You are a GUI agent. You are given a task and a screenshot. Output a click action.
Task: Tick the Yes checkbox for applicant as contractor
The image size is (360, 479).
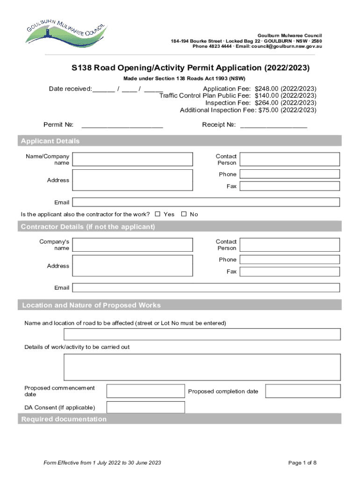[158, 214]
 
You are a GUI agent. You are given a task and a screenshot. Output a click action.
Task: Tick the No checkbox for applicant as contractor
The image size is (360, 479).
[184, 214]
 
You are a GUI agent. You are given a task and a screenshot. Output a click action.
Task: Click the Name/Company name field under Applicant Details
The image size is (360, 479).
[132, 160]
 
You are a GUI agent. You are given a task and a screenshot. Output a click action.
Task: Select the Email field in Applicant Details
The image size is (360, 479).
[206, 202]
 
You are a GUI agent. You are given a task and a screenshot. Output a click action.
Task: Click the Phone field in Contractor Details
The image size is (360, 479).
[289, 260]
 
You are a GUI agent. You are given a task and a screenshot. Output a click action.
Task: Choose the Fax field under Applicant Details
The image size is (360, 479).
[289, 186]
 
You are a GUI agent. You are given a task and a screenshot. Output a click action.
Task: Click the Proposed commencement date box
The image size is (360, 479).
[145, 391]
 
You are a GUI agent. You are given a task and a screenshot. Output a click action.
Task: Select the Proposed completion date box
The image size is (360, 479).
[303, 391]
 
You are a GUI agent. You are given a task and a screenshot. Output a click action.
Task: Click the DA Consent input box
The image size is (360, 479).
[145, 407]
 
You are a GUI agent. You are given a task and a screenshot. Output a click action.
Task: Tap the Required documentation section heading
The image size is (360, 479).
[64, 419]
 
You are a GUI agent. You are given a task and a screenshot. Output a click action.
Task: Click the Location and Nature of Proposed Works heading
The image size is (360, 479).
[92, 305]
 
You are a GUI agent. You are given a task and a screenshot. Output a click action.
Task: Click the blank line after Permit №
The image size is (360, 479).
[122, 125]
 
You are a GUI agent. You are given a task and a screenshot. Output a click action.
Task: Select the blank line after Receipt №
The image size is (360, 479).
[274, 125]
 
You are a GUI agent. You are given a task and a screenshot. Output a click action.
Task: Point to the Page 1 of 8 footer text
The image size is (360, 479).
[302, 463]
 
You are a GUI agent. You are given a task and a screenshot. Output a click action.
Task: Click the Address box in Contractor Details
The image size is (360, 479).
[132, 266]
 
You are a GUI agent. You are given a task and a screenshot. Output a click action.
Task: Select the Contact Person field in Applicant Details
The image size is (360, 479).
[289, 160]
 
